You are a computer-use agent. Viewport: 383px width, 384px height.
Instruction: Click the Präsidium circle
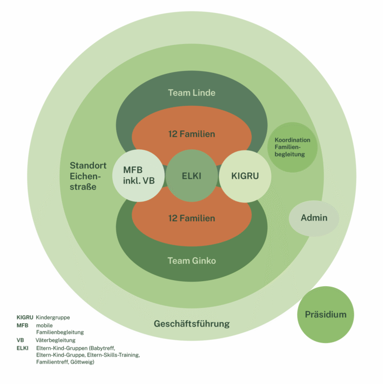pyautogui.click(x=325, y=315)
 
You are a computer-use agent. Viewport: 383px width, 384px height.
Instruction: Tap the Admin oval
pyautogui.click(x=314, y=218)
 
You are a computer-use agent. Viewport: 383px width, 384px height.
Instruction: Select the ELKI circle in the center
pyautogui.click(x=191, y=176)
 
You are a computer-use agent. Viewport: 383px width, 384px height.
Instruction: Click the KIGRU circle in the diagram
pyautogui.click(x=244, y=176)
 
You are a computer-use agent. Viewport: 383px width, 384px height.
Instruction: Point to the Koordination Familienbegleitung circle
pyautogui.click(x=292, y=147)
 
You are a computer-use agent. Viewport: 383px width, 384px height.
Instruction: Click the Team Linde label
pyautogui.click(x=191, y=93)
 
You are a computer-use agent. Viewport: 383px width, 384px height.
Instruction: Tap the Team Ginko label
pyautogui.click(x=191, y=261)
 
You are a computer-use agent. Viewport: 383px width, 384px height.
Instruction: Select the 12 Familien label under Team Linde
pyautogui.click(x=191, y=134)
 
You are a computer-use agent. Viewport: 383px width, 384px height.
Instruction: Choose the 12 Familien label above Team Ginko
pyautogui.click(x=191, y=218)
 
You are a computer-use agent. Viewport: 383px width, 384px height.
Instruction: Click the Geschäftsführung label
pyautogui.click(x=191, y=324)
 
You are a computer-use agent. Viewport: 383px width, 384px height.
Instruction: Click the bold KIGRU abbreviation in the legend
pyautogui.click(x=25, y=317)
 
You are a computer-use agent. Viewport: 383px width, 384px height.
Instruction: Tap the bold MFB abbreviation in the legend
pyautogui.click(x=22, y=325)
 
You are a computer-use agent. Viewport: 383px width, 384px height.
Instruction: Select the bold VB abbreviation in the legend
pyautogui.click(x=20, y=340)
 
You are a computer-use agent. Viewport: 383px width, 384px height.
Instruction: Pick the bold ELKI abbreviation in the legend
pyautogui.click(x=22, y=348)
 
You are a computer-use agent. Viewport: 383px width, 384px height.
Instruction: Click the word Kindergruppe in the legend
pyautogui.click(x=53, y=317)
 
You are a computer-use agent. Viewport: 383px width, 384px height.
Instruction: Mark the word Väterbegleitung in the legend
pyautogui.click(x=56, y=340)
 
